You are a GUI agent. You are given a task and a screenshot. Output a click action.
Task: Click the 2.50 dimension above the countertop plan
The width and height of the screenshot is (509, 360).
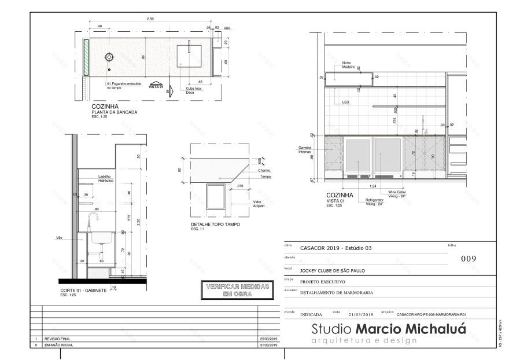click(150, 19)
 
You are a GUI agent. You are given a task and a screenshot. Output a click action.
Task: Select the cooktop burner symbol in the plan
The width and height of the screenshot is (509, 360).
click(109, 57)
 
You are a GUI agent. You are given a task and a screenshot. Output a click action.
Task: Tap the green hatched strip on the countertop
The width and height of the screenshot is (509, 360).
click(86, 57)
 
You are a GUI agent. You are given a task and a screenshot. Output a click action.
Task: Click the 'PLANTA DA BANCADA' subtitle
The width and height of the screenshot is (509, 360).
click(114, 112)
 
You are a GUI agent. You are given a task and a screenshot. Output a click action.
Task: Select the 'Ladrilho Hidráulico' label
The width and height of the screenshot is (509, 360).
click(105, 178)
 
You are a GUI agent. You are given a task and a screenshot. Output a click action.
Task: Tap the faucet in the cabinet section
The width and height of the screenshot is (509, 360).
click(93, 219)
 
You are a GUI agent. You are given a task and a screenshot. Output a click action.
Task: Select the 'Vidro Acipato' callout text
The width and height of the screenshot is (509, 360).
click(258, 204)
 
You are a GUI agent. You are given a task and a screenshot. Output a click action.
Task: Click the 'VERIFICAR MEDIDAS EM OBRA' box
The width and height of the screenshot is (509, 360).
click(231, 290)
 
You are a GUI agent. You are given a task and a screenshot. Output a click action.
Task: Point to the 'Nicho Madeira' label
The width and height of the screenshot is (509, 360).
click(347, 65)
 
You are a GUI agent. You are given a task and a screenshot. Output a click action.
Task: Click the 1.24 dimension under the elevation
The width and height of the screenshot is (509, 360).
click(374, 186)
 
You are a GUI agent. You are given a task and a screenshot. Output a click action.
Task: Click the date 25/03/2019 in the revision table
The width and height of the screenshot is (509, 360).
click(270, 339)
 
